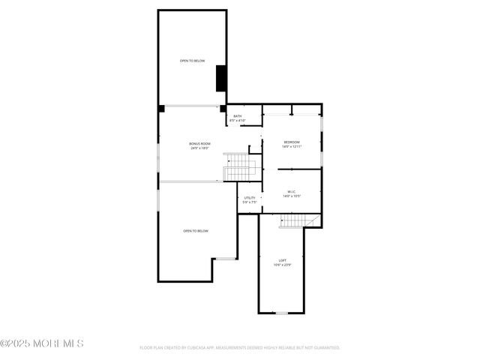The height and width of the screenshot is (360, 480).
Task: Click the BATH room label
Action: (238, 116)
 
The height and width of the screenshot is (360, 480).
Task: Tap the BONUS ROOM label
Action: (199, 143)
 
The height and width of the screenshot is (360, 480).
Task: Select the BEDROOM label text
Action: (291, 142)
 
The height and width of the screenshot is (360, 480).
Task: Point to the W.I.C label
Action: (291, 192)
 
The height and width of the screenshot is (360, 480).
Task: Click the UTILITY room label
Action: (249, 198)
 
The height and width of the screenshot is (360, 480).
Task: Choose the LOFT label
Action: (282, 260)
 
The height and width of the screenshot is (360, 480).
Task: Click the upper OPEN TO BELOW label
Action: (192, 61)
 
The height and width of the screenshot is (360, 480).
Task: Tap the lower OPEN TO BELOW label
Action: (196, 231)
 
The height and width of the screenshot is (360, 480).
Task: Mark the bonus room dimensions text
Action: (199, 148)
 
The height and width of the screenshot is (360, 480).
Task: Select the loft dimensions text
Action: (282, 265)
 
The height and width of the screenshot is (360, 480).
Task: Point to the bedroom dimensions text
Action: (291, 147)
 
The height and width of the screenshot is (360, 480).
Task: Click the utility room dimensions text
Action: (249, 202)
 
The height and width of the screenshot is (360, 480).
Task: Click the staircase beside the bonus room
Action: (240, 166)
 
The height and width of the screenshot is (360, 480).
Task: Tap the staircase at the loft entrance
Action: (294, 220)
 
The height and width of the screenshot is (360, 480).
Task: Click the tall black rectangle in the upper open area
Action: (221, 79)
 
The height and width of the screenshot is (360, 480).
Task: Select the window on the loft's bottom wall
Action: (281, 313)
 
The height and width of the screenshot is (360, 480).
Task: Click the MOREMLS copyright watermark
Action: (42, 343)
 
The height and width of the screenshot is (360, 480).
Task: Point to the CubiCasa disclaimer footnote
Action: (240, 348)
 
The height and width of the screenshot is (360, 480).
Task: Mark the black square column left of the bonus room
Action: (160, 109)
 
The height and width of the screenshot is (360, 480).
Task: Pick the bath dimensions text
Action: (238, 121)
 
